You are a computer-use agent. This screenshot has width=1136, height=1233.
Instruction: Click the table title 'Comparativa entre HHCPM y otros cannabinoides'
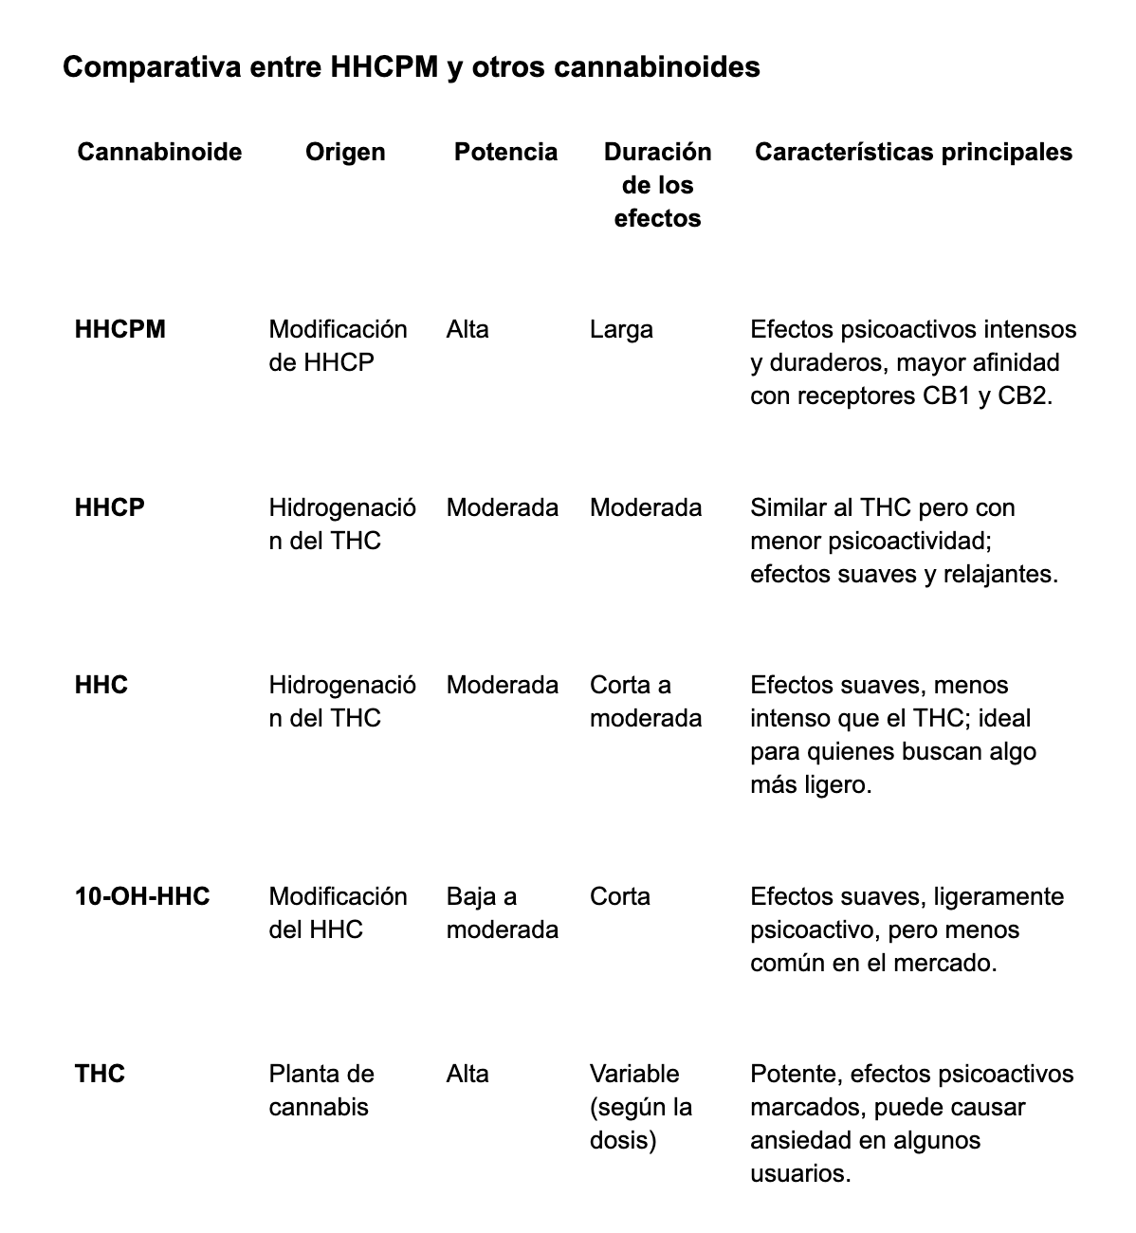pyautogui.click(x=411, y=68)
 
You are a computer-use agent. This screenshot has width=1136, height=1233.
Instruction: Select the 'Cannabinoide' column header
pyautogui.click(x=159, y=152)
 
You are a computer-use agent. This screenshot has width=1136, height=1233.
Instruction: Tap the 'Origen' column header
pyautogui.click(x=345, y=152)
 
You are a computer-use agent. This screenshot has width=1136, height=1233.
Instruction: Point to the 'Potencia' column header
pyautogui.click(x=505, y=152)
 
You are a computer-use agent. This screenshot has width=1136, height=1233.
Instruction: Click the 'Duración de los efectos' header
pyautogui.click(x=657, y=185)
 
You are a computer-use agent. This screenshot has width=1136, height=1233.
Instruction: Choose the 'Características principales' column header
pyautogui.click(x=913, y=152)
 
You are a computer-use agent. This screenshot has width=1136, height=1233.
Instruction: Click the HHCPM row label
pyautogui.click(x=119, y=329)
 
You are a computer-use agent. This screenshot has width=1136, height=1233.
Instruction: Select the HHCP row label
pyautogui.click(x=109, y=507)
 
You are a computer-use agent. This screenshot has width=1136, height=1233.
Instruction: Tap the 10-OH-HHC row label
pyautogui.click(x=142, y=896)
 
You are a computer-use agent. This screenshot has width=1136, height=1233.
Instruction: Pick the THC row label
pyautogui.click(x=100, y=1074)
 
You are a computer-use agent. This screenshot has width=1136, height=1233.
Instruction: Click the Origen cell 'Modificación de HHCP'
pyautogui.click(x=338, y=345)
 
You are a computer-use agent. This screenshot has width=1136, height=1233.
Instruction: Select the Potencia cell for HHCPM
pyautogui.click(x=467, y=329)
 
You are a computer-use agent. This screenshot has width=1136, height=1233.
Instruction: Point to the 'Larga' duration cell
pyautogui.click(x=621, y=329)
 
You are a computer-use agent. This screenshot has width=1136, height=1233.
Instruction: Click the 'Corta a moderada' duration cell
pyautogui.click(x=645, y=702)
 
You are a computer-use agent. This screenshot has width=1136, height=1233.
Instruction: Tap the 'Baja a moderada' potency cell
pyautogui.click(x=502, y=912)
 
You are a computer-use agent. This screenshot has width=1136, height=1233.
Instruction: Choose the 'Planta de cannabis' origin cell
pyautogui.click(x=321, y=1090)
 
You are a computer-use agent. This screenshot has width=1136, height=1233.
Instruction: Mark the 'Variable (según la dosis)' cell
pyautogui.click(x=640, y=1107)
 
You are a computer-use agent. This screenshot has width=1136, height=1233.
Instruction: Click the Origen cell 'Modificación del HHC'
pyautogui.click(x=338, y=912)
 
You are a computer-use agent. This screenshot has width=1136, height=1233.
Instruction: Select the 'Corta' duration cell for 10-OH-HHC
pyautogui.click(x=619, y=896)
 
